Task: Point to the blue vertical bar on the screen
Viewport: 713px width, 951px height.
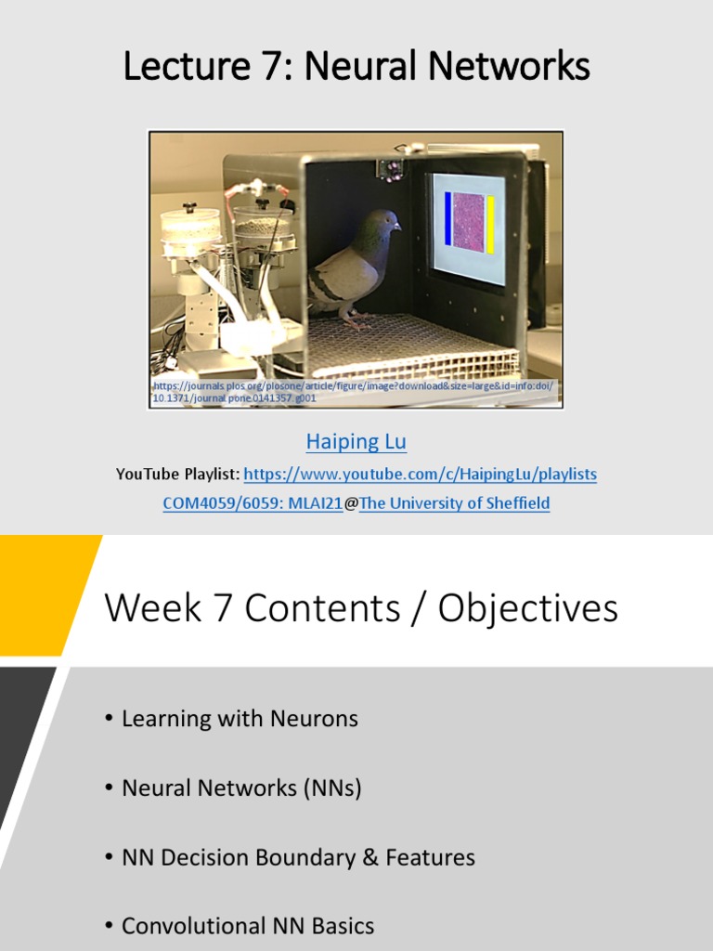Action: (447, 219)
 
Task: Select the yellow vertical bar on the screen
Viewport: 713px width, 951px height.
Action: (489, 224)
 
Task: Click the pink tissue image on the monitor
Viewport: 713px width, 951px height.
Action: (468, 222)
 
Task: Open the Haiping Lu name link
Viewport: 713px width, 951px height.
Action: (356, 442)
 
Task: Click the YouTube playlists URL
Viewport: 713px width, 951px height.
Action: (421, 474)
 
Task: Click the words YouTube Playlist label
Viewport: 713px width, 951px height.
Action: (177, 475)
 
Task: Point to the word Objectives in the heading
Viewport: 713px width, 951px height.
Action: (527, 608)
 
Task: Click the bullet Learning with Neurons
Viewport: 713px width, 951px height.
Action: (240, 719)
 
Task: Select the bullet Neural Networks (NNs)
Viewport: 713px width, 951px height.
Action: (241, 788)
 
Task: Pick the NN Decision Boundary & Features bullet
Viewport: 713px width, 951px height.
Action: (298, 857)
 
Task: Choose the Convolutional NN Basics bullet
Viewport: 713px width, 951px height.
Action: (248, 926)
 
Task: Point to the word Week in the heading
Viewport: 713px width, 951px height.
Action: (152, 608)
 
